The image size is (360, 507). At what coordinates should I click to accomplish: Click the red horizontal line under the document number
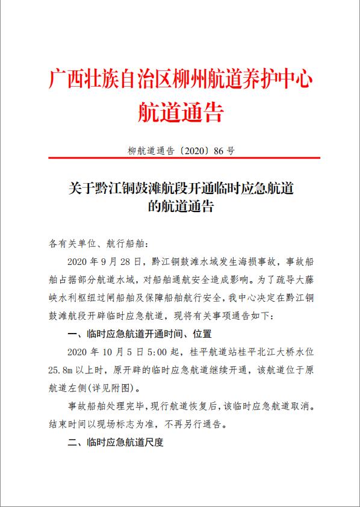(181, 158)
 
